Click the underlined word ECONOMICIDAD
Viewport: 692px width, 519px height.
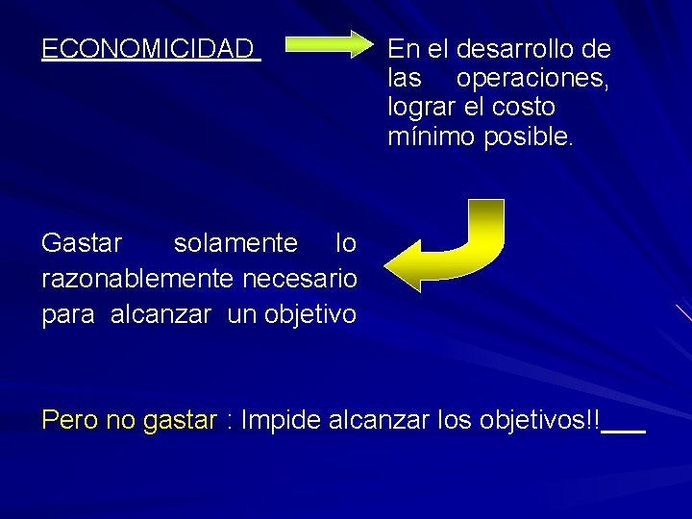point(148,49)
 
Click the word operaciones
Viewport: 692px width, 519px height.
point(531,78)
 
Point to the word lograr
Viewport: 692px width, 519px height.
point(419,107)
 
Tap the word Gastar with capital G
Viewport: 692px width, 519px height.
point(83,244)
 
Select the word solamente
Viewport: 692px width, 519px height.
point(235,244)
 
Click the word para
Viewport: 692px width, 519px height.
point(69,314)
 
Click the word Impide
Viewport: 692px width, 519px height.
point(282,421)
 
